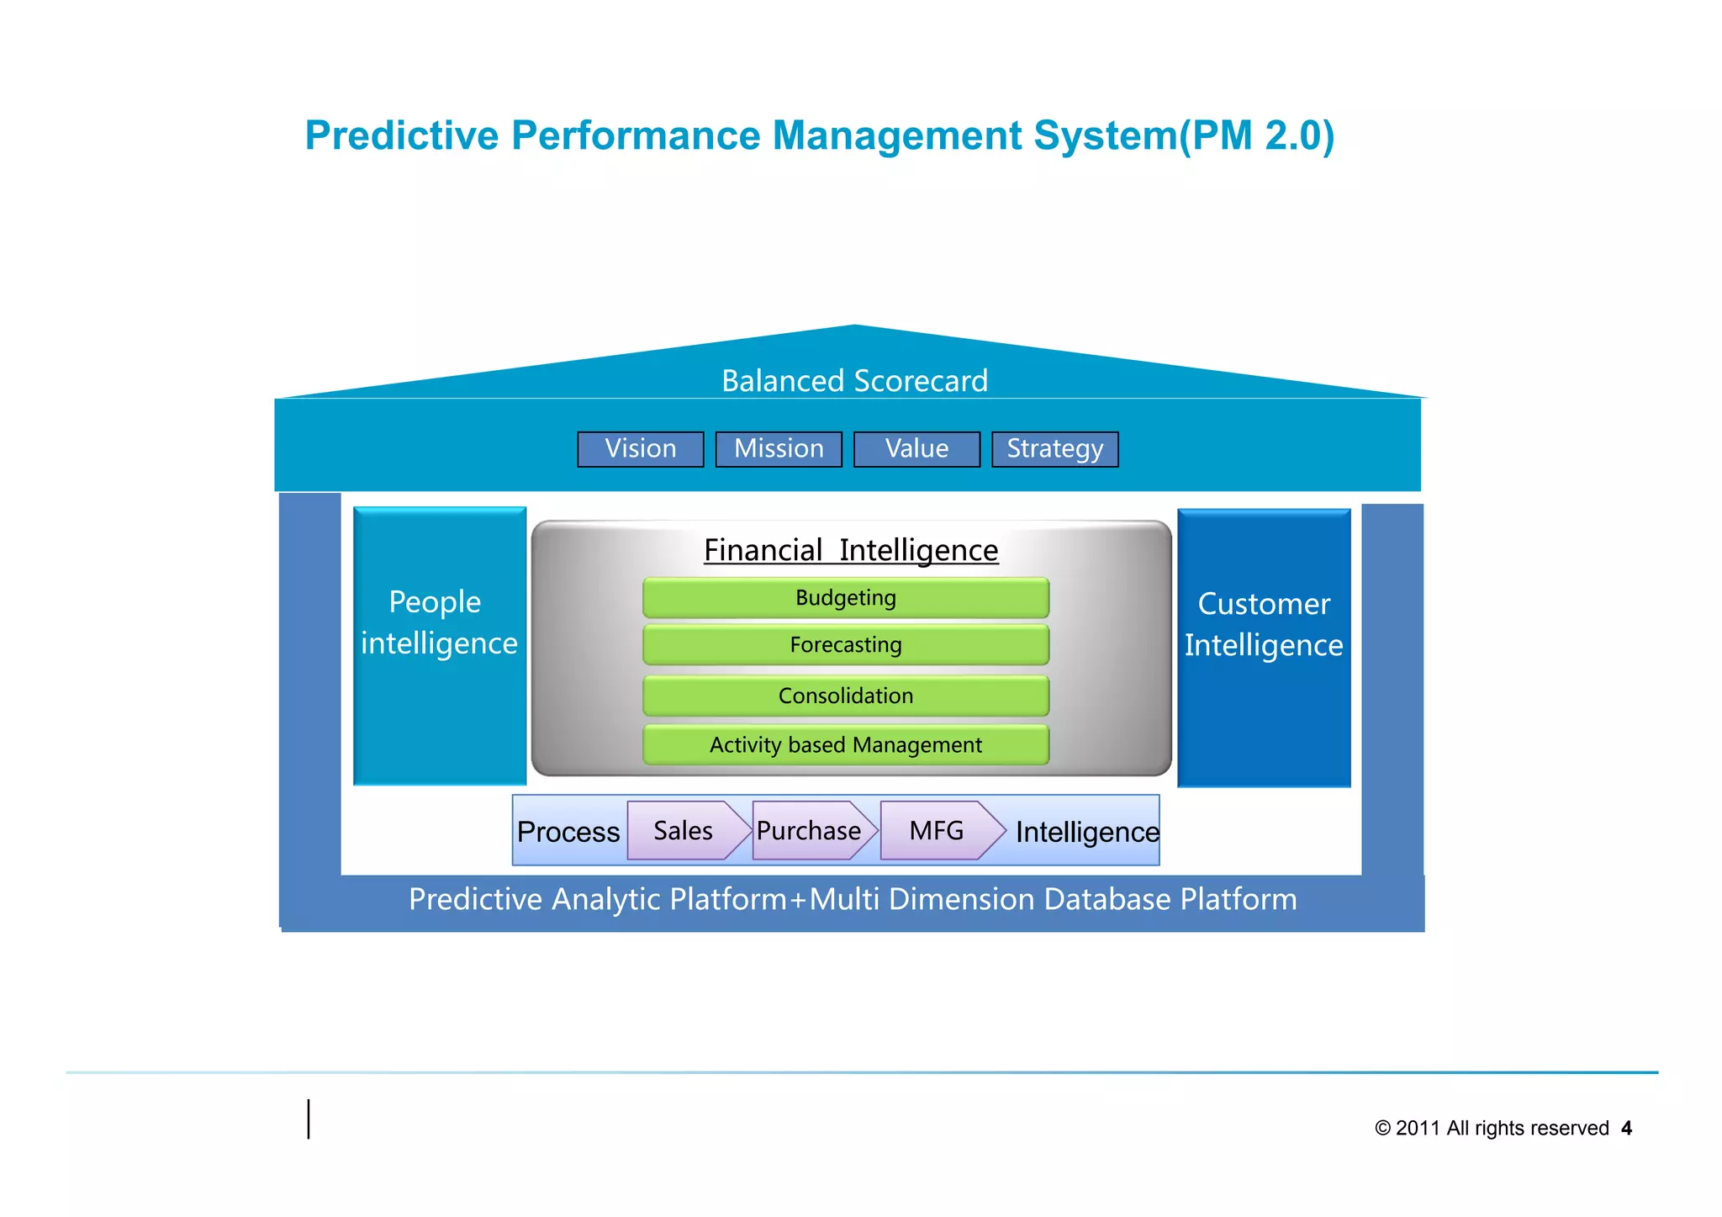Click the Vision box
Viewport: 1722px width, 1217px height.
coord(640,449)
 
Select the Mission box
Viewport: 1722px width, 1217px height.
coord(779,449)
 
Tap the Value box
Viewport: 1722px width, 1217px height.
coord(916,449)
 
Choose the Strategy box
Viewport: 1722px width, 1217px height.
coord(1054,449)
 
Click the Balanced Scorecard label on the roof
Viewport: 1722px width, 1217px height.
coord(854,381)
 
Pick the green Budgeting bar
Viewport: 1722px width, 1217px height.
coord(845,598)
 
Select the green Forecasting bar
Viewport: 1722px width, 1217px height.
coord(845,645)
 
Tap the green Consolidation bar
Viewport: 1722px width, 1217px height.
coord(845,696)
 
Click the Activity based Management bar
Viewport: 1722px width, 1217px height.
coord(845,745)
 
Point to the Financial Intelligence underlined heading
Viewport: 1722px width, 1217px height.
coord(851,550)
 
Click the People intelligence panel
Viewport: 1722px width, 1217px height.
coord(439,645)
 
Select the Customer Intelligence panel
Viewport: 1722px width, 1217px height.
coord(1264,648)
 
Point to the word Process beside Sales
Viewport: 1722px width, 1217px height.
coord(568,832)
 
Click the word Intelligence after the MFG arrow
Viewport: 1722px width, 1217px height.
coord(1086,832)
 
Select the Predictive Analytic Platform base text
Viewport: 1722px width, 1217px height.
coord(853,900)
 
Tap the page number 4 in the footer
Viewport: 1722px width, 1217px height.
coord(1626,1129)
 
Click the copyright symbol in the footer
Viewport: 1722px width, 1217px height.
coord(1382,1129)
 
